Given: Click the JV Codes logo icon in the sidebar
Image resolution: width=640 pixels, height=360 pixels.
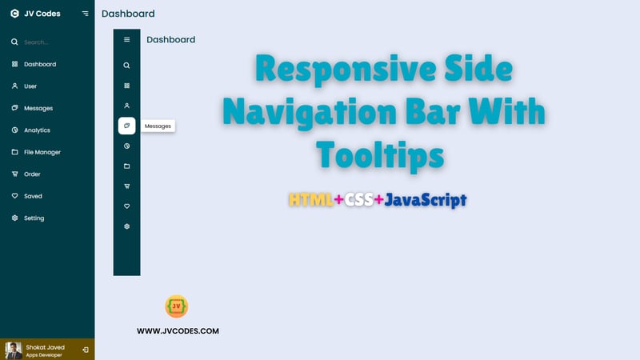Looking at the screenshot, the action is pos(14,14).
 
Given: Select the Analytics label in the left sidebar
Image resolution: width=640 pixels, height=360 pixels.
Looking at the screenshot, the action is pos(37,130).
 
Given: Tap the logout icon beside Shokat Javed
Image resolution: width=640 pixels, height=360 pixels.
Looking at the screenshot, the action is pos(86,350).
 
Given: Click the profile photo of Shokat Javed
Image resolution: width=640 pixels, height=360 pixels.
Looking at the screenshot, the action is pos(14,350).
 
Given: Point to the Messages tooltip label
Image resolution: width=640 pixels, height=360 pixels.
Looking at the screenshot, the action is pos(158,126).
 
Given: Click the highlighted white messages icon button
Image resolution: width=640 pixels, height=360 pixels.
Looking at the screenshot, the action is pos(127,126).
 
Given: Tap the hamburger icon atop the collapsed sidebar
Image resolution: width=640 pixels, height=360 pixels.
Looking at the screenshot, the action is pos(127,39).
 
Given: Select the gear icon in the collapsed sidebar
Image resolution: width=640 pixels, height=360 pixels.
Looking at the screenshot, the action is pos(127,226).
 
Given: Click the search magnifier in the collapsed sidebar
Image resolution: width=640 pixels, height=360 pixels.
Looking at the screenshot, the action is pos(127,66).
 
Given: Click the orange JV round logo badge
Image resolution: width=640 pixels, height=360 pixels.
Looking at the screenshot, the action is pos(176,306).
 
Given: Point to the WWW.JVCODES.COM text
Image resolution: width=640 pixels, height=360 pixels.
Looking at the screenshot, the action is pos(178,331).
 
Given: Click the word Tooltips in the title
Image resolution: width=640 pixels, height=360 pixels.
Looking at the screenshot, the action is pos(380,156).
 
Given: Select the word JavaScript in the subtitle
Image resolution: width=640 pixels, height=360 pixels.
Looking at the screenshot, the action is pos(426,200).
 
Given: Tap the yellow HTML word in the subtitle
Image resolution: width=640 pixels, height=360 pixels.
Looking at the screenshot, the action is pos(311,200).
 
